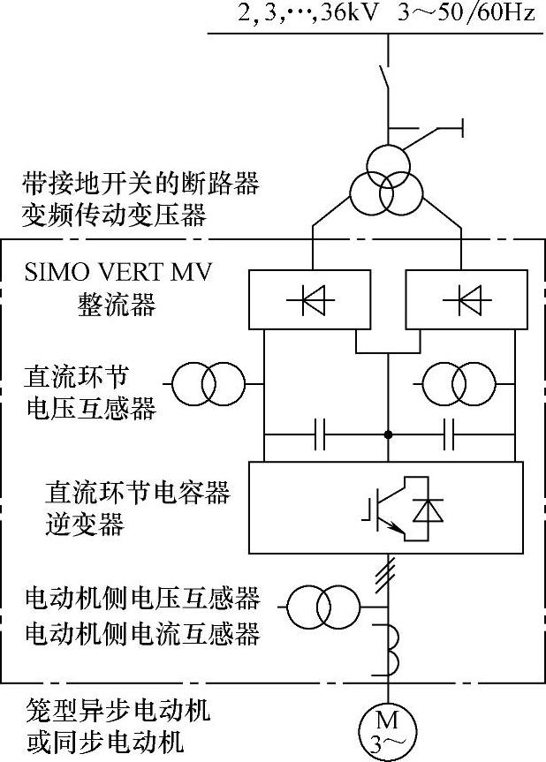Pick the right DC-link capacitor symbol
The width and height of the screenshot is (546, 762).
coord(451,434)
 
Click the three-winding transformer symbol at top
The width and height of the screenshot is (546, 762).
coord(386,180)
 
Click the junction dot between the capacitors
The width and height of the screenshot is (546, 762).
coord(387,434)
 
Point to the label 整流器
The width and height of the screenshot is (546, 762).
coord(115,306)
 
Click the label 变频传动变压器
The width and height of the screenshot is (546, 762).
coord(115,215)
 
